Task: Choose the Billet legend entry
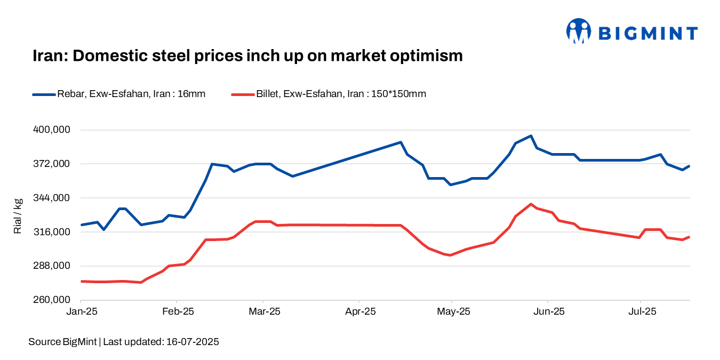[x=329, y=94]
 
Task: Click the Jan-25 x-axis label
[x=81, y=311]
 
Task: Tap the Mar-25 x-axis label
[x=265, y=311]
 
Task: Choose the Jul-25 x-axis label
[x=640, y=311]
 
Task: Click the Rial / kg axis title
[x=18, y=215]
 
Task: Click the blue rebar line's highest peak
[x=531, y=136]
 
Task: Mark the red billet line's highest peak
[x=531, y=204]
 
